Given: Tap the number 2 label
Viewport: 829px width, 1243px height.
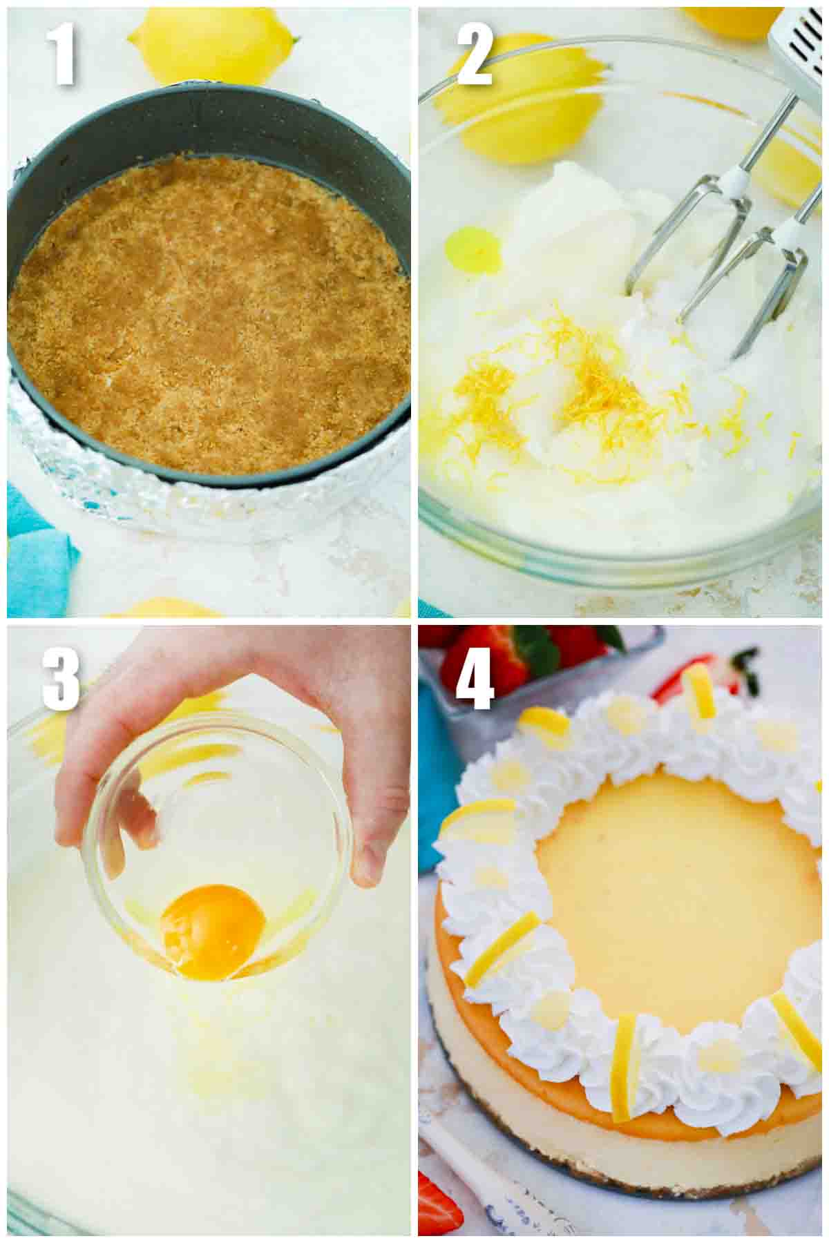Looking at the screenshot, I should pyautogui.click(x=475, y=55).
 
